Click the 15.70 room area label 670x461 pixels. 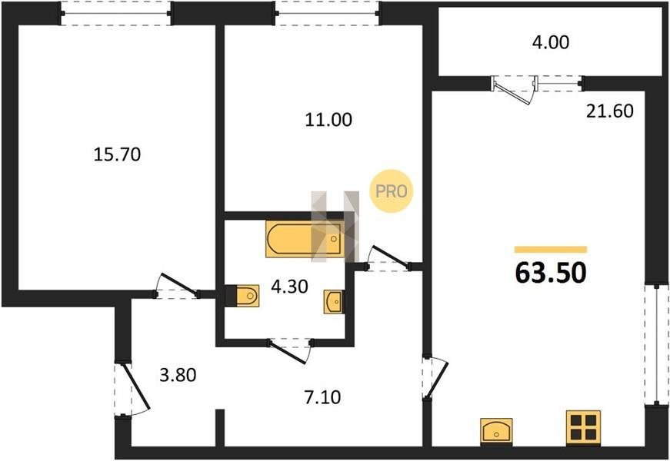pos(117,154)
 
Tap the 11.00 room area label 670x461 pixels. pos(328,120)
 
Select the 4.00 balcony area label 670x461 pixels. pos(550,43)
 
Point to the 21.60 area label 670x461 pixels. pos(610,111)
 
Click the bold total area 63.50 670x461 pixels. pos(551,273)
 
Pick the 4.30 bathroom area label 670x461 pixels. pos(289,287)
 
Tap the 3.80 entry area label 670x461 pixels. pos(178,375)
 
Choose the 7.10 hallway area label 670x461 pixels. pos(322,397)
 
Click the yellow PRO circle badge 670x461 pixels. pos(392,191)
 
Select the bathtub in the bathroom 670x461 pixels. pos(305,239)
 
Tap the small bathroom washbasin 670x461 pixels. pos(334,302)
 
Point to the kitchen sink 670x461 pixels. pos(496,432)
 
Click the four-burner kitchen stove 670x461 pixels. pos(584,428)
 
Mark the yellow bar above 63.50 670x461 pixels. pos(551,250)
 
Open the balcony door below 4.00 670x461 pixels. pos(514,89)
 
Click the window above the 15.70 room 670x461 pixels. pos(116,13)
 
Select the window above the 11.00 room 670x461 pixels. pos(328,13)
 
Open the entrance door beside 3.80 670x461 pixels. pos(132,389)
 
